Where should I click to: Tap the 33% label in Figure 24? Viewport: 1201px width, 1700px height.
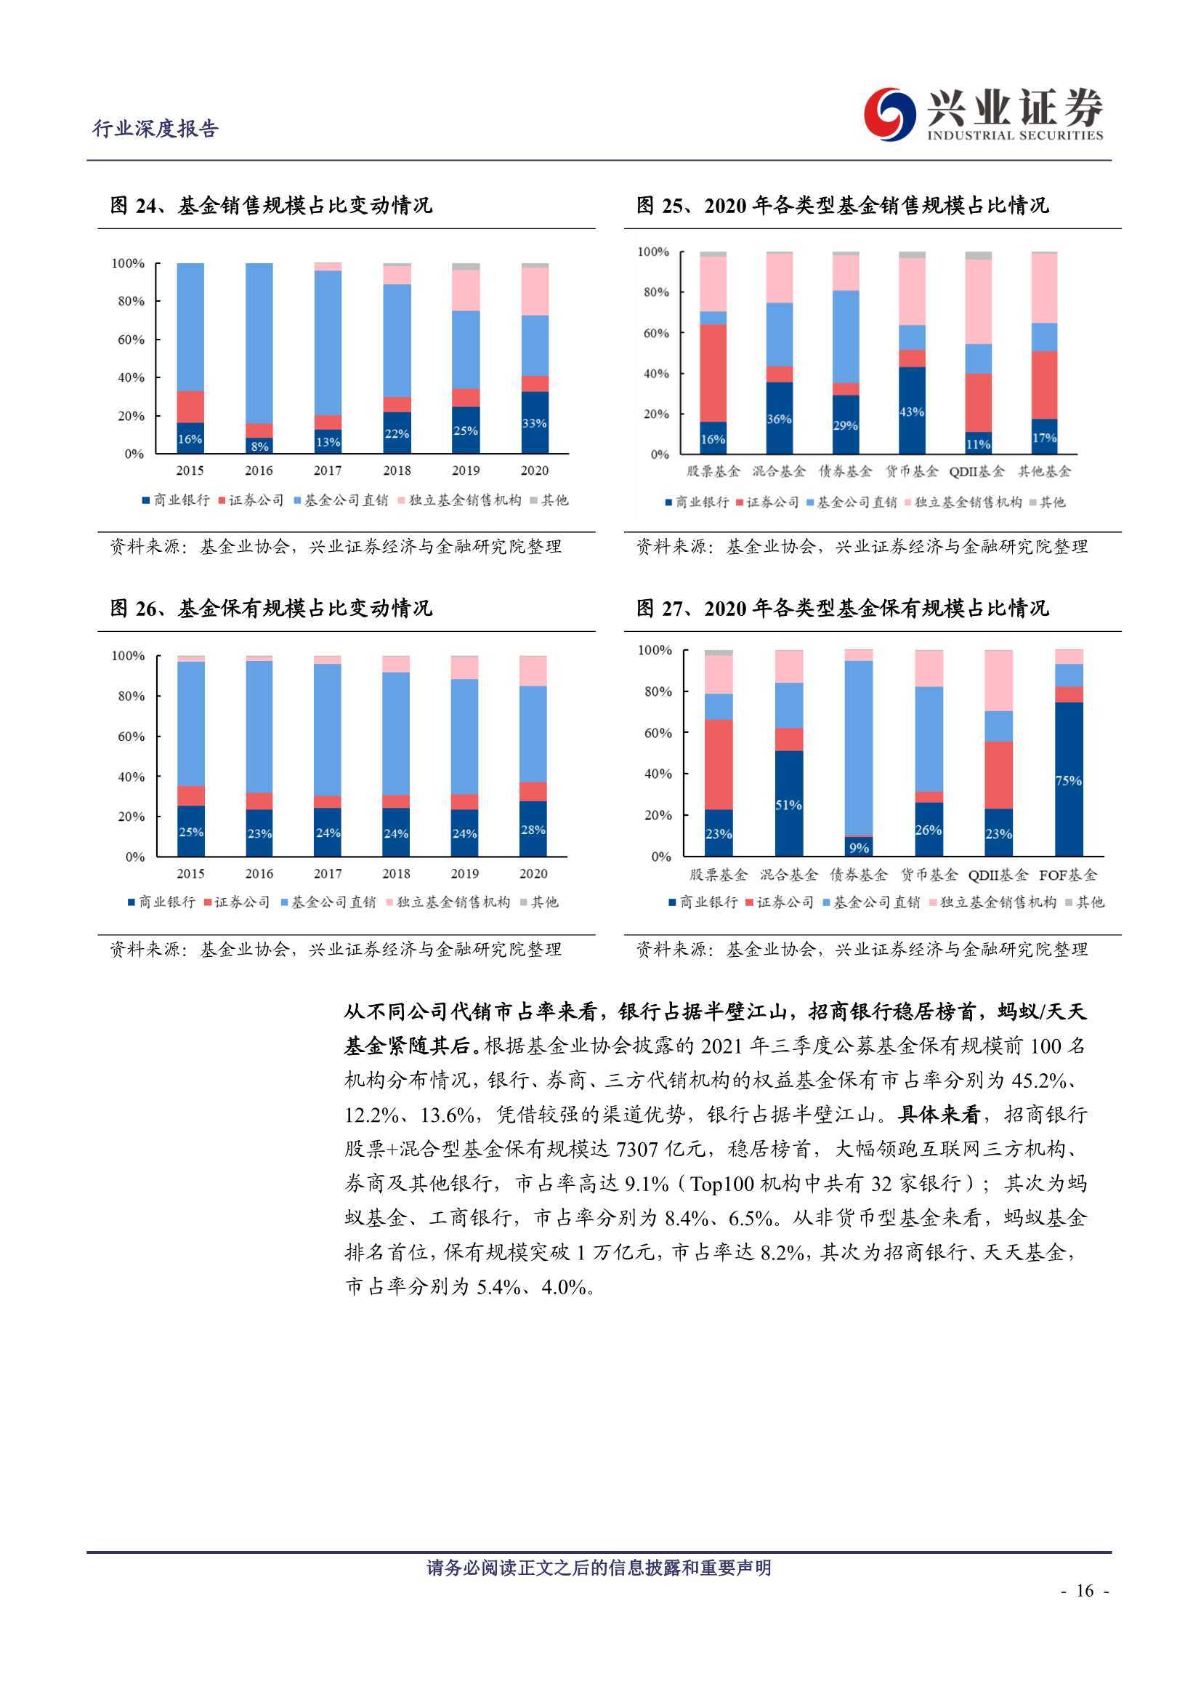(534, 423)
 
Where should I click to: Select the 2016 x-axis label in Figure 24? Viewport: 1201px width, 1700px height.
(259, 470)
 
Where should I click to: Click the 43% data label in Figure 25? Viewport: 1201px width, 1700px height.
(912, 412)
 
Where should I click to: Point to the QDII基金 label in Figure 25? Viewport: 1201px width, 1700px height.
(976, 472)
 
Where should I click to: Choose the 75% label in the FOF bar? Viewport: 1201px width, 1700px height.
(1069, 780)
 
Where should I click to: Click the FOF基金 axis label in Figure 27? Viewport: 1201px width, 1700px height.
(1068, 875)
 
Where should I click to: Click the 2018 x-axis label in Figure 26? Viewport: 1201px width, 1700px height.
(396, 874)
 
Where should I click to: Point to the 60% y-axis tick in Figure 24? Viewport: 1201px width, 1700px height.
(128, 340)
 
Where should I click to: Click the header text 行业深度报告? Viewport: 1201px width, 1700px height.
(155, 129)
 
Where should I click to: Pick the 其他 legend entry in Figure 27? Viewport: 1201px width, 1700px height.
(1085, 902)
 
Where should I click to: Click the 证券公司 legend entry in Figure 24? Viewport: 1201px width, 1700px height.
(251, 500)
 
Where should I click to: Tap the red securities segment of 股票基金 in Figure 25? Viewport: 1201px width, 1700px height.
(713, 373)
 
